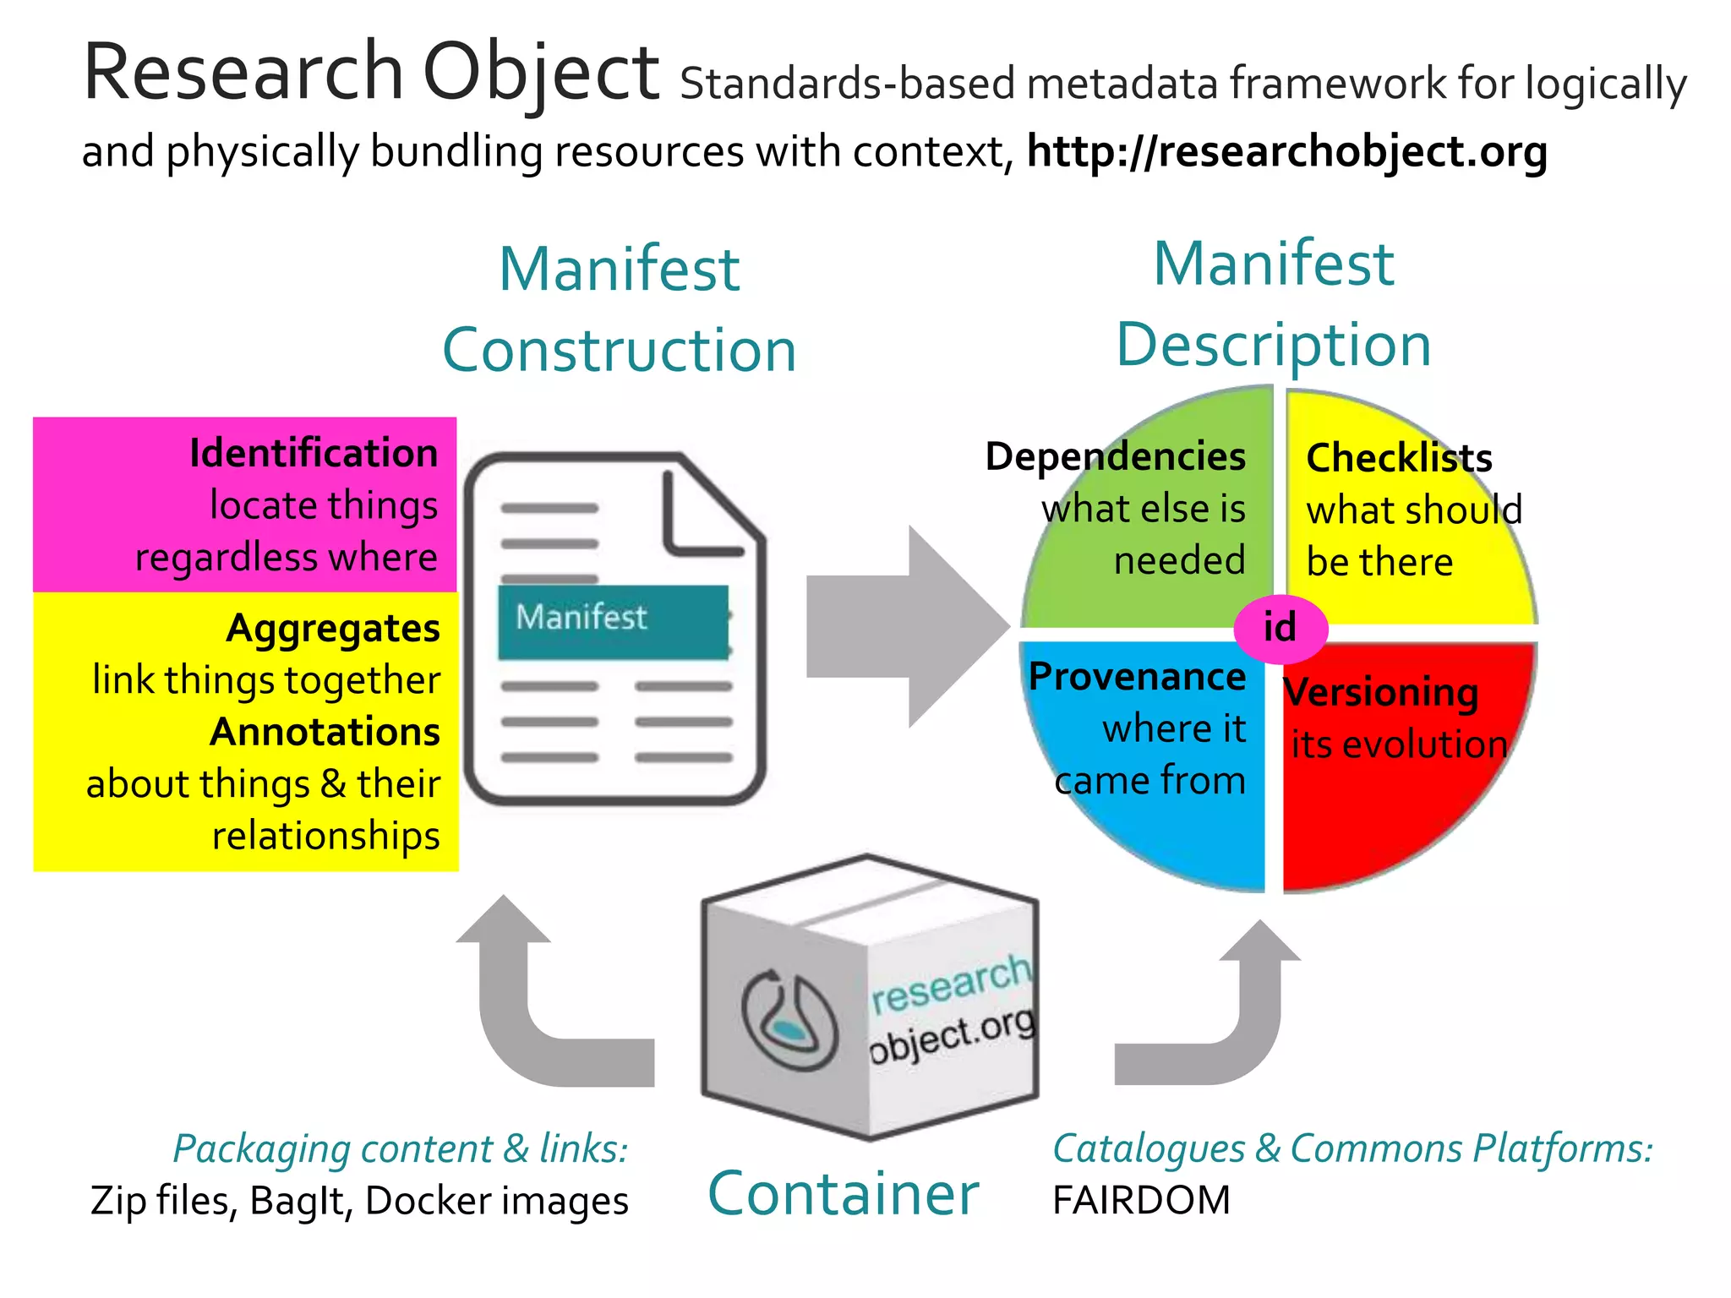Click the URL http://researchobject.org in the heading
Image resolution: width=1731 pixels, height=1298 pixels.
point(1286,152)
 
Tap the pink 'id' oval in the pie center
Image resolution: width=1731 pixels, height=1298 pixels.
point(1281,628)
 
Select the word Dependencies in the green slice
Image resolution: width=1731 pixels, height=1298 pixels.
point(1115,457)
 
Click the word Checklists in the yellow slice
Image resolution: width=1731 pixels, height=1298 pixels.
point(1399,459)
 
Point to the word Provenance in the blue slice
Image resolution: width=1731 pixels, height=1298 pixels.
point(1137,677)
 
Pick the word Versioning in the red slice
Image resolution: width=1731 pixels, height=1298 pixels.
point(1381,692)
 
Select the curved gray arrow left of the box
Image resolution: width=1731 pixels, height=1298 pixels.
point(541,1006)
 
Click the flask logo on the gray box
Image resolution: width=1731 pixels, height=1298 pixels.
point(789,1020)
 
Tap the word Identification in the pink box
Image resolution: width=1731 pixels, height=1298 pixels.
point(314,454)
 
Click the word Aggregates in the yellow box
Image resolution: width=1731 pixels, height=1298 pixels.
point(333,629)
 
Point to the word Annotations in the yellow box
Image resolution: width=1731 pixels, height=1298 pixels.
point(325,733)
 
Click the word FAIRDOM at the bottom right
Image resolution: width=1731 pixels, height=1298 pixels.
point(1141,1201)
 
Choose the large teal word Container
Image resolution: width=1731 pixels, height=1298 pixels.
point(843,1194)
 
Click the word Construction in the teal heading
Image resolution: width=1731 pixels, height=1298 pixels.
point(619,350)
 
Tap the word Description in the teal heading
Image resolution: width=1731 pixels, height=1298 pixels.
point(1273,345)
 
